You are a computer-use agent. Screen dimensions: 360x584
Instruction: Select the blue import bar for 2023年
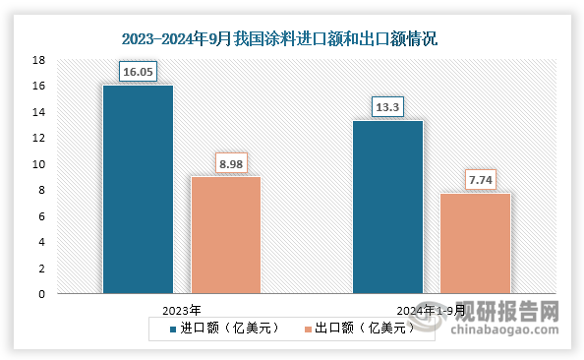click(138, 189)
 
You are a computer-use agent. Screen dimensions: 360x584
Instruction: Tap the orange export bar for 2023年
click(225, 234)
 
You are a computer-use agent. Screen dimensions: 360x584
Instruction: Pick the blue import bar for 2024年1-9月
click(387, 207)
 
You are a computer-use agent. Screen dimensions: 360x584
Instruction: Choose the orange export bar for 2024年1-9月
click(475, 243)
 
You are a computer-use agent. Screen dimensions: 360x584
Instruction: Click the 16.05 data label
click(138, 72)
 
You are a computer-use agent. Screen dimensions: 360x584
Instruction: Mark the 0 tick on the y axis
click(41, 293)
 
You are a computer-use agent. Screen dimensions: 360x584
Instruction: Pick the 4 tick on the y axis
click(41, 242)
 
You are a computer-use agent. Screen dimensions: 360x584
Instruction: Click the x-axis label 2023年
click(182, 309)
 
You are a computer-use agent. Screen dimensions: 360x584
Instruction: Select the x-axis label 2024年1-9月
click(431, 309)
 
